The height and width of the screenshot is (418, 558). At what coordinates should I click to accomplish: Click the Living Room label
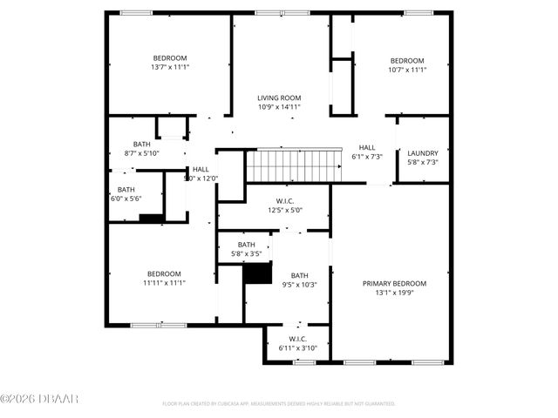279,98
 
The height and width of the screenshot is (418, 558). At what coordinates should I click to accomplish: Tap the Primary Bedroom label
394,284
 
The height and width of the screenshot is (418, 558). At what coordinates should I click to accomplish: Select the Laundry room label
423,153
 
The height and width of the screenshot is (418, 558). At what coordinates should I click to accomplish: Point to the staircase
293,164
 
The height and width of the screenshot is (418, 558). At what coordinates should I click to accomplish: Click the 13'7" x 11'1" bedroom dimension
170,67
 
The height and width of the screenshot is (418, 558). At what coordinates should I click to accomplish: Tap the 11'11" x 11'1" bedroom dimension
164,282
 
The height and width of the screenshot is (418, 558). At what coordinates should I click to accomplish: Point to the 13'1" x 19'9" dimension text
394,293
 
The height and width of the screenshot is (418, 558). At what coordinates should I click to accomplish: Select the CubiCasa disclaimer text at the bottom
279,404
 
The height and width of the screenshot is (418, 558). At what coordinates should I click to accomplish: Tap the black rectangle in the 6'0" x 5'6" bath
151,219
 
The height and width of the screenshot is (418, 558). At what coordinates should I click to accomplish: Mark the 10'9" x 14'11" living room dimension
279,107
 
